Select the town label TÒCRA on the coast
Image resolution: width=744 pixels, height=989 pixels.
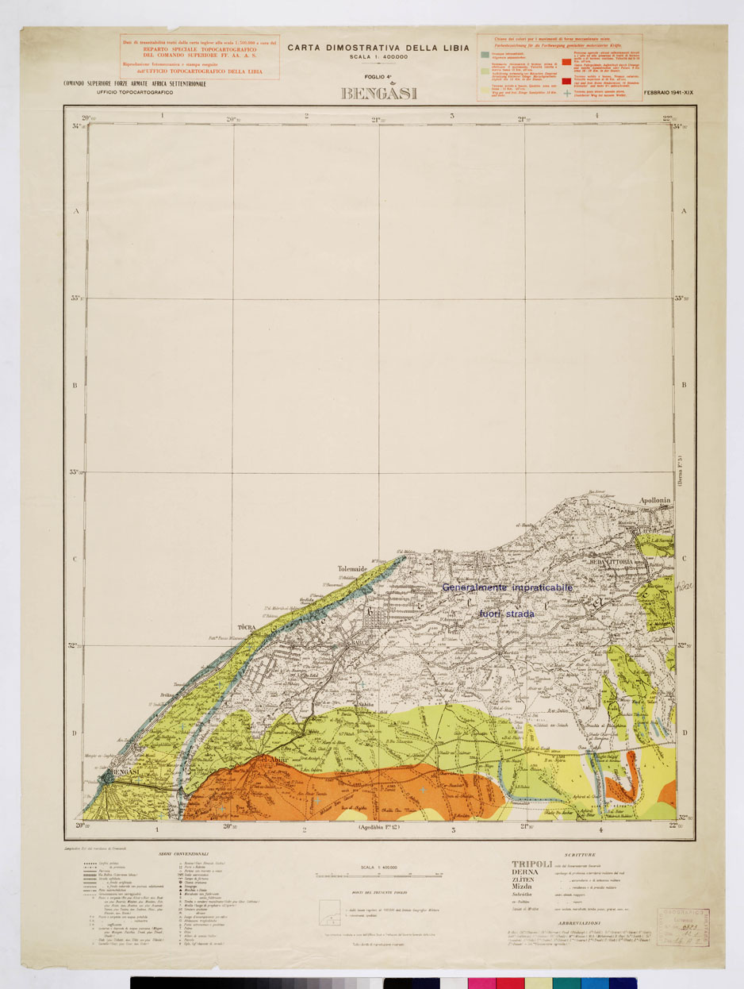[246, 627]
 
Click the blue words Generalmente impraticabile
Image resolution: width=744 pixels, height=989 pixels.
[508, 587]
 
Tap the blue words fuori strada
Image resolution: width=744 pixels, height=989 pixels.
[507, 614]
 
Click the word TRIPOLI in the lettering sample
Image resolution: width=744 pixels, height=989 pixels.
[531, 864]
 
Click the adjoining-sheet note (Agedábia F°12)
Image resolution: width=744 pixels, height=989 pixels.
[379, 828]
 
